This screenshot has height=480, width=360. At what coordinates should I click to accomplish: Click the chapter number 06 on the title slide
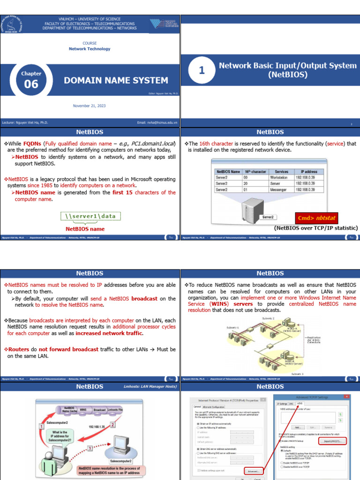coord(31,84)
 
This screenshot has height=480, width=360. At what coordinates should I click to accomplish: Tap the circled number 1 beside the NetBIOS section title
coord(202,70)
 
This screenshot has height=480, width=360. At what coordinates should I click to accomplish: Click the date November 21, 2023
coord(89,106)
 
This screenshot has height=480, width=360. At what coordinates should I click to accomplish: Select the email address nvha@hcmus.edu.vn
coord(157,123)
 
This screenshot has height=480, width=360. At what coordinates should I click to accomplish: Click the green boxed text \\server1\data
coord(90,216)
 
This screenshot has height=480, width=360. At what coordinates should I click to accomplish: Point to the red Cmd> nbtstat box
coord(316,218)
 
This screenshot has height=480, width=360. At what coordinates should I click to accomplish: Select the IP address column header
coord(309,172)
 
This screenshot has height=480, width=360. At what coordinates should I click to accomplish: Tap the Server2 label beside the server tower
coord(268,217)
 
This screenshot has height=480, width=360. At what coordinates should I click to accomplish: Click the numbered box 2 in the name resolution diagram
coord(112,424)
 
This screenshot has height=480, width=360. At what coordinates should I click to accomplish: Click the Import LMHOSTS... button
coord(332,441)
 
